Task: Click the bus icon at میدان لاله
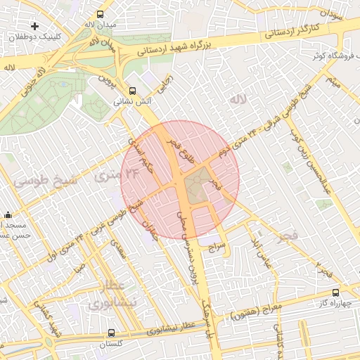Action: tap(101, 13)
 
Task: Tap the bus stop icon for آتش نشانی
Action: tap(132, 91)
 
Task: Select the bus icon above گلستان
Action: tap(112, 333)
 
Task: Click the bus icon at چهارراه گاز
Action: tap(335, 292)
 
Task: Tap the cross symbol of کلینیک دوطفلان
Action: tap(34, 26)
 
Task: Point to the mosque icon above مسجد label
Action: tap(8, 214)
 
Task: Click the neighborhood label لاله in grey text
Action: tap(238, 100)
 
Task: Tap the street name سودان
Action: tap(333, 12)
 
